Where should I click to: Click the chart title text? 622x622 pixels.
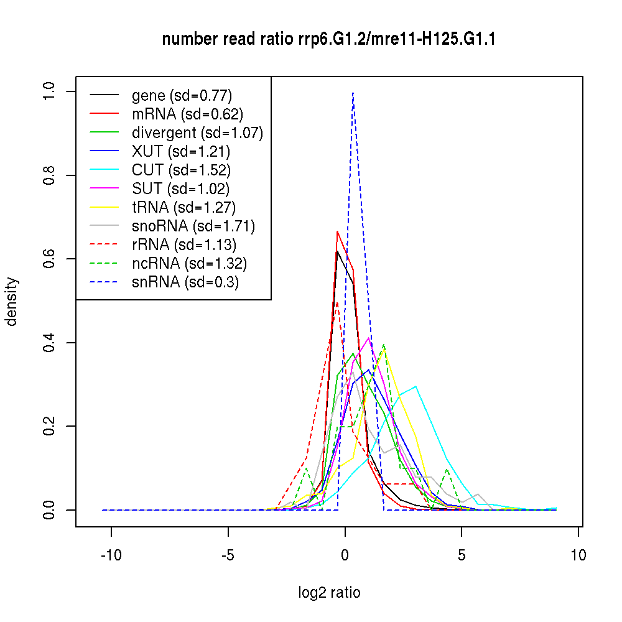click(x=328, y=40)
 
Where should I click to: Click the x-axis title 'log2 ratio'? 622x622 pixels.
click(x=329, y=592)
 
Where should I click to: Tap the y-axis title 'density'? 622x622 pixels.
click(x=12, y=302)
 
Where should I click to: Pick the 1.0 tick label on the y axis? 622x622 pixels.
click(x=50, y=91)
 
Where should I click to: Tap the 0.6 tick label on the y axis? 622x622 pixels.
click(x=50, y=259)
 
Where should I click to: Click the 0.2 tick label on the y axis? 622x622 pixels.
click(x=50, y=426)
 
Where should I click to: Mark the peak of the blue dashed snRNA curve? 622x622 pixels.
click(x=353, y=92)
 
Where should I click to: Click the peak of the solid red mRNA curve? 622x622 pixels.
click(x=337, y=231)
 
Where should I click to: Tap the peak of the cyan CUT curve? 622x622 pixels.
click(x=415, y=386)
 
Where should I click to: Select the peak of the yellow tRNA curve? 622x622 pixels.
click(x=384, y=351)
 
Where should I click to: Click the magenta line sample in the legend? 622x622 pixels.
click(x=104, y=188)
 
